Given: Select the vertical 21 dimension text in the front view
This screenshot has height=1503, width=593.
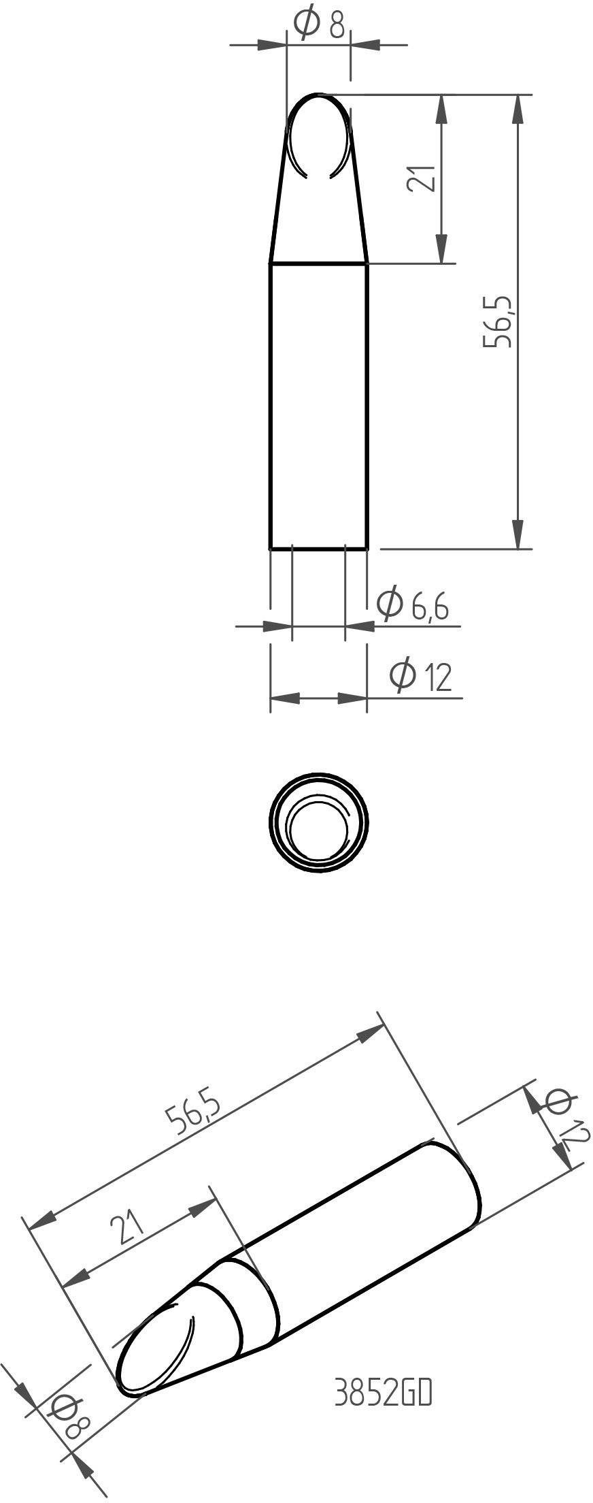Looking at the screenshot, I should (420, 178).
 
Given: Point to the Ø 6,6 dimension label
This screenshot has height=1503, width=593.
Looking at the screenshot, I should (413, 604).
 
